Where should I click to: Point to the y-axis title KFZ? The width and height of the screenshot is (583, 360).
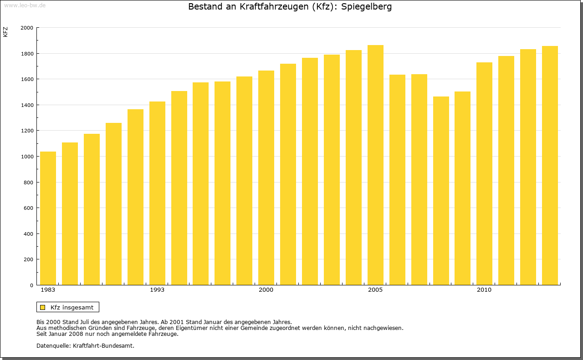click(5, 32)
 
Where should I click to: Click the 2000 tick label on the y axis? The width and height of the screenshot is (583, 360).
click(27, 28)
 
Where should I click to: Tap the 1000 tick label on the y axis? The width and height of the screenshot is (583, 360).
click(27, 157)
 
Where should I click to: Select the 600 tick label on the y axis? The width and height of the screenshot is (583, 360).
click(28, 208)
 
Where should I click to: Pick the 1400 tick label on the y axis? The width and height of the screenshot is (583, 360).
click(27, 105)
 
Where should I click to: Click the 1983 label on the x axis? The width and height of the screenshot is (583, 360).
click(48, 290)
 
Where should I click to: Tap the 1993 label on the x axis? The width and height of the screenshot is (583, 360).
click(157, 290)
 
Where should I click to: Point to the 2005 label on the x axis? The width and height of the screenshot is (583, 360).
click(375, 290)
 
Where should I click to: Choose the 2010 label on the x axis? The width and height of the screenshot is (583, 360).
click(484, 290)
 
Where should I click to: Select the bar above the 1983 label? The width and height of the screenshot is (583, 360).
click(48, 218)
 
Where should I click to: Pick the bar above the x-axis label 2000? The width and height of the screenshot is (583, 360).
click(266, 178)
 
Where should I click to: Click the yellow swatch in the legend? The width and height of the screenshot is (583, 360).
click(42, 307)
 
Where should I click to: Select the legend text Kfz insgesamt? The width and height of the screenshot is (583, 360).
click(72, 307)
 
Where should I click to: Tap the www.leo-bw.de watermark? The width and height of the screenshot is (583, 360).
click(25, 5)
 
